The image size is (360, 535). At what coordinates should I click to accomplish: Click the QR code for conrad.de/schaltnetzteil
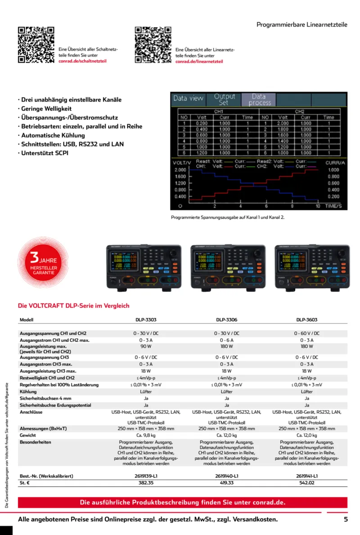(x=36, y=45)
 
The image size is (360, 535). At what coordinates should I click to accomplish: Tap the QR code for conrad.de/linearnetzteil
(x=153, y=45)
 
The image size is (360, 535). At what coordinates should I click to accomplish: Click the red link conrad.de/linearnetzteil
(x=199, y=61)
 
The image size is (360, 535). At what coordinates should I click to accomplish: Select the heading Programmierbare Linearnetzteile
(x=302, y=25)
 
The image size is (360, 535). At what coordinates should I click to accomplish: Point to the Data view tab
(x=188, y=99)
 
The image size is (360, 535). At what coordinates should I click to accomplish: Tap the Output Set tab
(x=224, y=99)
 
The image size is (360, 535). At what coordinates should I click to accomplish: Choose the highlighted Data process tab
(x=258, y=99)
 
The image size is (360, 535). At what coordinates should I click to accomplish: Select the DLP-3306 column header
(x=227, y=320)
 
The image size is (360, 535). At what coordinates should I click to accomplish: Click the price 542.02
(x=307, y=483)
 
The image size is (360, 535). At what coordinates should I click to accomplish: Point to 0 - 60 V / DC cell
(x=307, y=333)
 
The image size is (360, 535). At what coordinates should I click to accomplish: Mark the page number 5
(x=346, y=519)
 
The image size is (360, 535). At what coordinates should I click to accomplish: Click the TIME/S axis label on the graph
(x=333, y=206)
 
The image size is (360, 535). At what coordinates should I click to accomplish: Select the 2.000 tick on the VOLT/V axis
(x=180, y=170)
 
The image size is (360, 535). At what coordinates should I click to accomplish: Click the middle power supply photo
(x=227, y=267)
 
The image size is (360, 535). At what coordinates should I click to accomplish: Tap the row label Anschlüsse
(x=31, y=412)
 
